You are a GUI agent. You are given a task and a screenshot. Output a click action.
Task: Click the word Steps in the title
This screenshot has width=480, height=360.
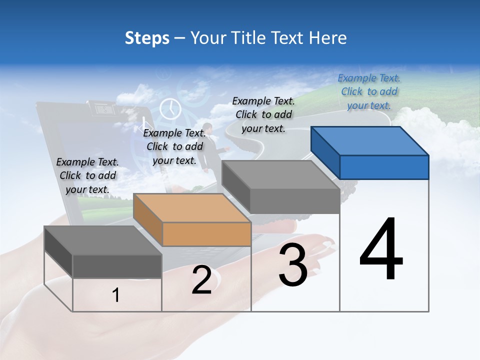[147, 38]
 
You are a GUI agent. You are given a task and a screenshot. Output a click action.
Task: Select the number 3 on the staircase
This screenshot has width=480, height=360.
[293, 265]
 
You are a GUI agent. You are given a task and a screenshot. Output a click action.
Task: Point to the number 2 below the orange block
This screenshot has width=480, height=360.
[201, 280]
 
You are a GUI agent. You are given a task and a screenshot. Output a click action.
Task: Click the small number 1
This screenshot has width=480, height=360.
[116, 295]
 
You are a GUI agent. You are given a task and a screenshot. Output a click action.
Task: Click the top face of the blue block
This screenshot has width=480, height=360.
[369, 141]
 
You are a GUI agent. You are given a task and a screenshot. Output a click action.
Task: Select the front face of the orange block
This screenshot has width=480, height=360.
[206, 234]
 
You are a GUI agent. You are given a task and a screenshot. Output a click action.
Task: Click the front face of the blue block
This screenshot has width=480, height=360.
[384, 167]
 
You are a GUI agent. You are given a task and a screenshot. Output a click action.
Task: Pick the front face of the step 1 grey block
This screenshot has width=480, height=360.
[117, 266]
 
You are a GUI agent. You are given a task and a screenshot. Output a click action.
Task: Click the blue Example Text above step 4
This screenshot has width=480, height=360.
[369, 91]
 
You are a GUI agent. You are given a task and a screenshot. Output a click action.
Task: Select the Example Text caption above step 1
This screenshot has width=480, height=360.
[87, 175]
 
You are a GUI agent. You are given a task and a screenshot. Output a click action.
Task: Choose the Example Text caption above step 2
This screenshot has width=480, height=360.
[174, 146]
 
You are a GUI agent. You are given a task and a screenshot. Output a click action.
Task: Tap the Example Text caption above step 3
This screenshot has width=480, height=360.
[263, 114]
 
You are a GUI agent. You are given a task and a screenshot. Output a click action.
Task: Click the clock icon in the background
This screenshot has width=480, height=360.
[170, 108]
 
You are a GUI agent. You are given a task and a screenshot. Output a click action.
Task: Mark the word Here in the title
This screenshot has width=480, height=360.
[328, 38]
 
